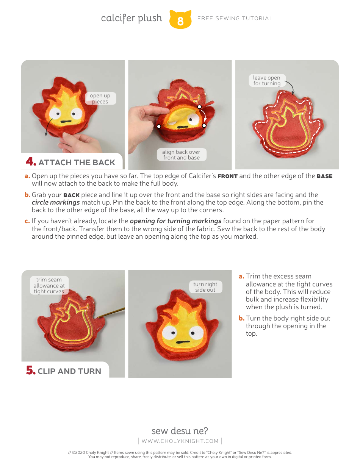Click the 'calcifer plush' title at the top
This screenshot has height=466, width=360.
pyautogui.click(x=131, y=18)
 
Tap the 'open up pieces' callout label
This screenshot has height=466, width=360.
pyautogui.click(x=100, y=99)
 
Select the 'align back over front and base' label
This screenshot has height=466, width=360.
pyautogui.click(x=181, y=155)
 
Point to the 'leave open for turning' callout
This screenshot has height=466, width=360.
pyautogui.click(x=267, y=80)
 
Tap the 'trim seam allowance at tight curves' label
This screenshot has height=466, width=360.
pyautogui.click(x=49, y=286)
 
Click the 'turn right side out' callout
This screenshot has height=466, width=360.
pyautogui.click(x=205, y=287)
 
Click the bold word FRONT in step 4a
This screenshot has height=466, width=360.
pyautogui.click(x=227, y=176)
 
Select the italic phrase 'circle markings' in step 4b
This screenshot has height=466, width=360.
pyautogui.click(x=56, y=202)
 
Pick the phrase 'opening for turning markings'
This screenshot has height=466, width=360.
pyautogui.click(x=175, y=221)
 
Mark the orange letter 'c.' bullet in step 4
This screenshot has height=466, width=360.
pyautogui.click(x=27, y=221)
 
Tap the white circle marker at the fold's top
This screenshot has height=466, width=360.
pyautogui.click(x=199, y=107)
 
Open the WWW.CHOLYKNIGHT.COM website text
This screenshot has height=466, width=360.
pyautogui.click(x=180, y=441)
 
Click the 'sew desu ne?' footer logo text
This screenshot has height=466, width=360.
pyautogui.click(x=180, y=431)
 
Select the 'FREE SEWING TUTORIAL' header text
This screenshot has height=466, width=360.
pyautogui.click(x=235, y=18)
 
